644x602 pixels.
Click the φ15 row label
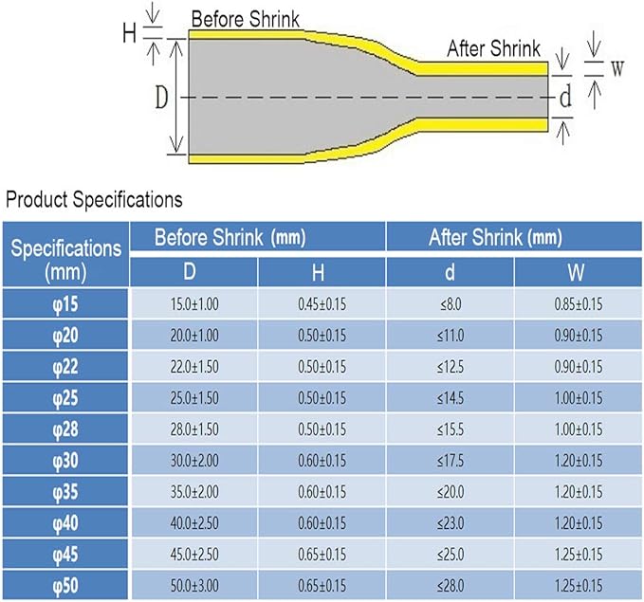(65, 304)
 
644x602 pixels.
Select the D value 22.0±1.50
(194, 367)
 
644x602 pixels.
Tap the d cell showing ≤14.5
(451, 398)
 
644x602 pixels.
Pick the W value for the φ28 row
(579, 429)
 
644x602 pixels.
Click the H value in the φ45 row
(322, 555)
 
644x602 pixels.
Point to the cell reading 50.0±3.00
(194, 586)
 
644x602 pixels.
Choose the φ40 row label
(65, 523)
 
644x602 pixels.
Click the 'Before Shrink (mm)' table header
(230, 237)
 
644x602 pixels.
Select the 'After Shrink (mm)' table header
(495, 237)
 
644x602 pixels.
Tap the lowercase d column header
(451, 272)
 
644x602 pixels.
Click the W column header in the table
(576, 272)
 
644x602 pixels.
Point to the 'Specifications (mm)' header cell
(65, 260)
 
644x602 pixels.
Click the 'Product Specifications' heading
(94, 200)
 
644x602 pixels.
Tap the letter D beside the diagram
(161, 98)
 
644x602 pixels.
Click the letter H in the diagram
(129, 33)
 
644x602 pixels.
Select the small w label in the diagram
(616, 68)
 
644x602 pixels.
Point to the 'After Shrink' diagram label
(494, 48)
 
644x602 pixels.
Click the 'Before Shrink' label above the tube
(246, 19)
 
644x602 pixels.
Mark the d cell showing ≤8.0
(451, 304)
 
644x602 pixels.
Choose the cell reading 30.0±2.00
(194, 461)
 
